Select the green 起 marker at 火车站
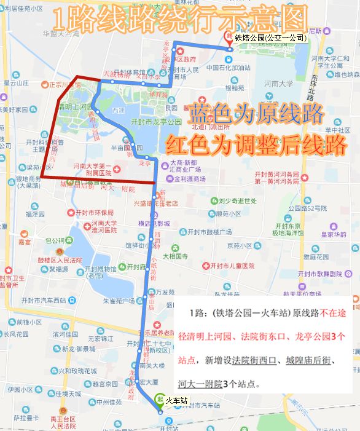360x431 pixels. pyautogui.click(x=160, y=398)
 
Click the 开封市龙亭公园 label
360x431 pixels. pyautogui.click(x=156, y=122)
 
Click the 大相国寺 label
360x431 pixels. pyautogui.click(x=179, y=255)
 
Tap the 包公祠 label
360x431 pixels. pyautogui.click(x=55, y=240)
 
